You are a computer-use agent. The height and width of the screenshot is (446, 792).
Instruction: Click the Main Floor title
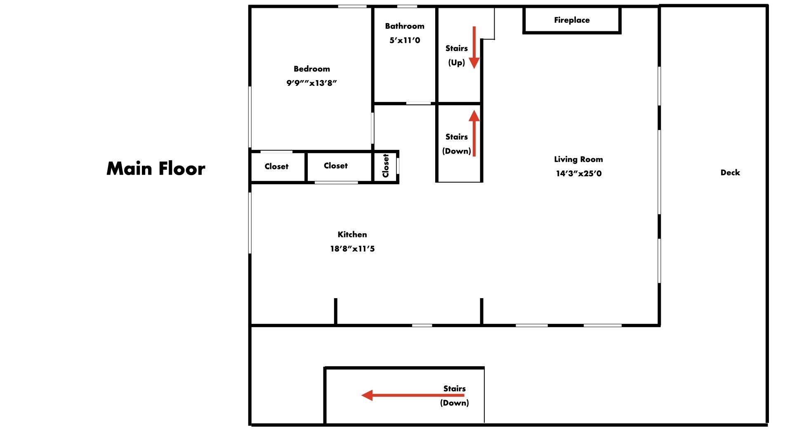click(156, 168)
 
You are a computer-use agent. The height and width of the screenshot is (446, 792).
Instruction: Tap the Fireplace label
click(572, 20)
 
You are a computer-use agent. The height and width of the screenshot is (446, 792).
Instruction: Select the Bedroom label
click(312, 69)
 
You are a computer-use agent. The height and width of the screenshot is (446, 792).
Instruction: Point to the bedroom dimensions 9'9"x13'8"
click(312, 83)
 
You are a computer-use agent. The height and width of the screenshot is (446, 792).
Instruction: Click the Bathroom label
click(405, 26)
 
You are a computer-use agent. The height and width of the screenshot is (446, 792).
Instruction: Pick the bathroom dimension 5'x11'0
click(405, 40)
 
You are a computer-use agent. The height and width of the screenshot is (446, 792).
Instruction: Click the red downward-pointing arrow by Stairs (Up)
click(474, 47)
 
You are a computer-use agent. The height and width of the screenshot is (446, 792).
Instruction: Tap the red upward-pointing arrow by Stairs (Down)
click(474, 133)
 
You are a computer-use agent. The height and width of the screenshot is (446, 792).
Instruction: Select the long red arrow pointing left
click(413, 395)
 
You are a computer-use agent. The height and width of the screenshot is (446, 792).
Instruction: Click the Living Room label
click(578, 159)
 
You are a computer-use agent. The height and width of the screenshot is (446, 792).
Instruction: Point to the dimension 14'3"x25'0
click(578, 173)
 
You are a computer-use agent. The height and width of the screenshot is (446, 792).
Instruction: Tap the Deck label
click(730, 173)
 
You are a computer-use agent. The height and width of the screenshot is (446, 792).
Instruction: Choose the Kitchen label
click(352, 235)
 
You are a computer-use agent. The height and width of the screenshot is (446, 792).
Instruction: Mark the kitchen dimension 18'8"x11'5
click(352, 249)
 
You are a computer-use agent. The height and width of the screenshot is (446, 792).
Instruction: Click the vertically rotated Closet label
click(386, 166)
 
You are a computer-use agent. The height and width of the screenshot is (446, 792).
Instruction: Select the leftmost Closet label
click(276, 166)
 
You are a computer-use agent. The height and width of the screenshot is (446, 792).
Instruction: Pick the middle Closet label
click(335, 166)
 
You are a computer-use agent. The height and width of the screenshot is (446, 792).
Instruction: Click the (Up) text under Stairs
click(457, 62)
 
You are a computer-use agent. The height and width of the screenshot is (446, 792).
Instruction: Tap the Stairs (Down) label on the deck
click(455, 396)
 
